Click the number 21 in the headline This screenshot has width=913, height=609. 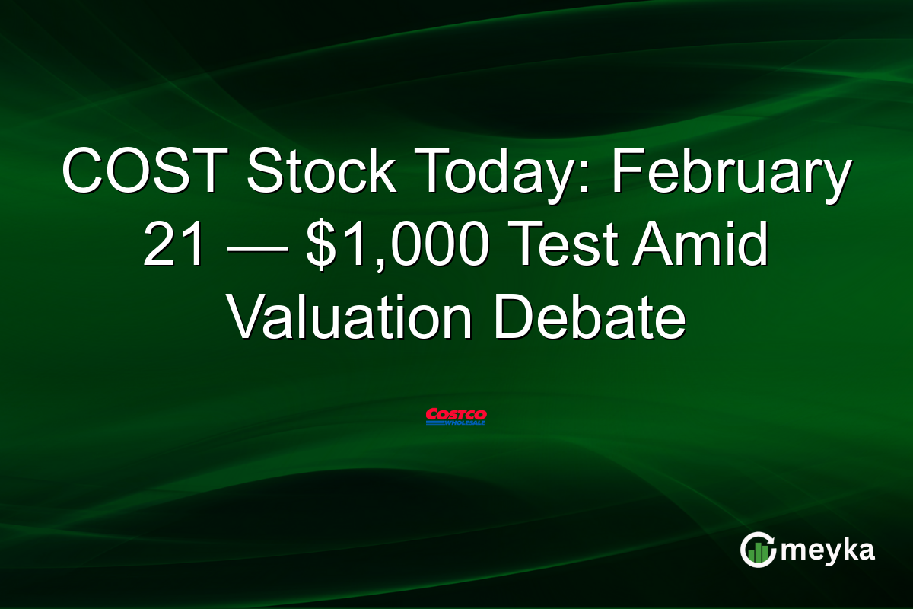point(173,248)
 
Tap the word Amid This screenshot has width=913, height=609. point(700,248)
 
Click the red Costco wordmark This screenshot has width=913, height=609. point(456,413)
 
